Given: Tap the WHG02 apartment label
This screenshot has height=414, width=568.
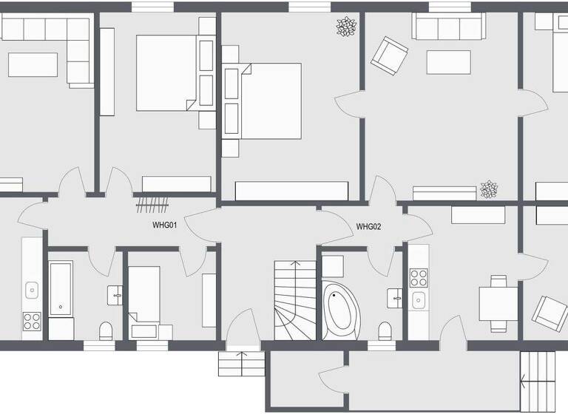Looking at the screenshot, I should [x=368, y=227].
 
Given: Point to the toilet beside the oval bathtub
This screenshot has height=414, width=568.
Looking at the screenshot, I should [x=384, y=330].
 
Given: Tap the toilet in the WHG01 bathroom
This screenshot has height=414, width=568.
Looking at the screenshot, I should [x=105, y=329].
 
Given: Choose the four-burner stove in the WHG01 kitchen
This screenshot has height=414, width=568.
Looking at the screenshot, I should [x=32, y=322].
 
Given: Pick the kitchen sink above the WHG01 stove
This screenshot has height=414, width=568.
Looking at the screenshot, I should [x=32, y=289].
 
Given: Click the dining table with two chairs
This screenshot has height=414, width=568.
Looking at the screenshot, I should [x=498, y=303].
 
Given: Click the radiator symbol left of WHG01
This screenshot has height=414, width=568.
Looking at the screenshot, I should [x=153, y=203].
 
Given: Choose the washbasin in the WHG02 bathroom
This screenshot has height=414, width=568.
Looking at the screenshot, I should [x=395, y=299].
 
